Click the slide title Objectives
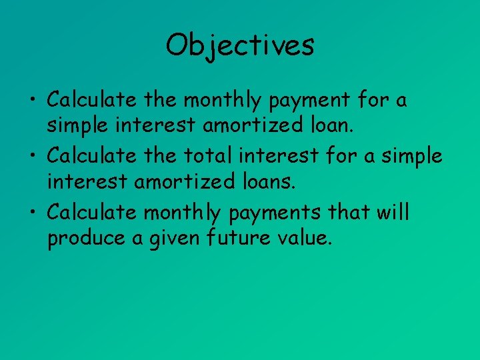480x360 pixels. [x=240, y=45]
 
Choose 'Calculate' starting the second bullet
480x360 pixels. [x=92, y=156]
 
